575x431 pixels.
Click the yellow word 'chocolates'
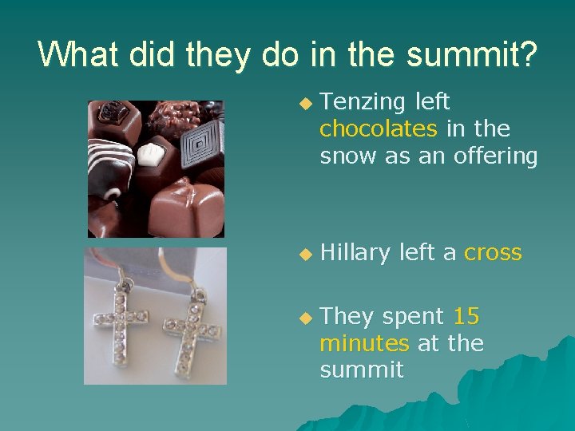[378, 129]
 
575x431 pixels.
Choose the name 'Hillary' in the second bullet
[355, 253]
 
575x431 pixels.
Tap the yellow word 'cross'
[493, 253]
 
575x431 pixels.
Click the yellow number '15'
[466, 317]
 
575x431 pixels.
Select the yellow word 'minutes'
[364, 343]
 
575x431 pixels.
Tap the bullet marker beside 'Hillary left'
[303, 254]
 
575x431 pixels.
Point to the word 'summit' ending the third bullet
[362, 370]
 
